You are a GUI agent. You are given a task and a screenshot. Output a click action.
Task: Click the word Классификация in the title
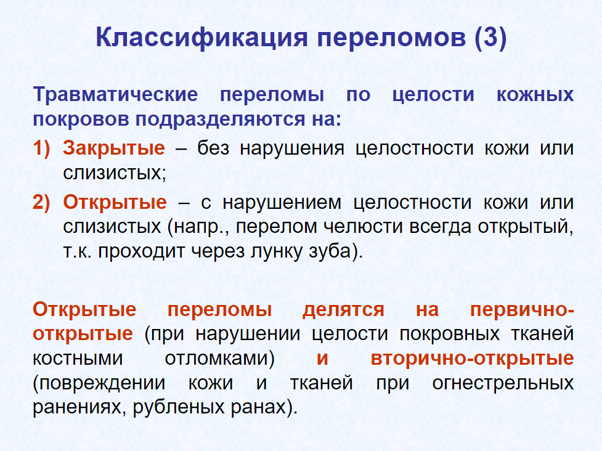point(201,38)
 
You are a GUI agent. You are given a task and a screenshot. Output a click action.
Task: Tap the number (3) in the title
point(490,38)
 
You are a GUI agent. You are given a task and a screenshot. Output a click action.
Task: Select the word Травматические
point(115,94)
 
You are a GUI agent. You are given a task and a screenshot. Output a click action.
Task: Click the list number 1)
point(41,148)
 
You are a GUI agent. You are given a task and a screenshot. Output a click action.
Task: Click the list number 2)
point(41,202)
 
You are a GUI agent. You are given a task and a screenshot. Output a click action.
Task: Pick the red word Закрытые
point(114,148)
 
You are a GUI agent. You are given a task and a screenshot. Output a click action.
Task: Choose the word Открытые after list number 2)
point(115,202)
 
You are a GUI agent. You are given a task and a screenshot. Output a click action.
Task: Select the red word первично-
point(522,310)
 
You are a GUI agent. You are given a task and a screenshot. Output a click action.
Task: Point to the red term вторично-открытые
point(472,359)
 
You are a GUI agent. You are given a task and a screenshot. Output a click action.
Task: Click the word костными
point(78,359)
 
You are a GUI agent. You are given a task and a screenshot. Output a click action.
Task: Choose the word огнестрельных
point(503,383)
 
